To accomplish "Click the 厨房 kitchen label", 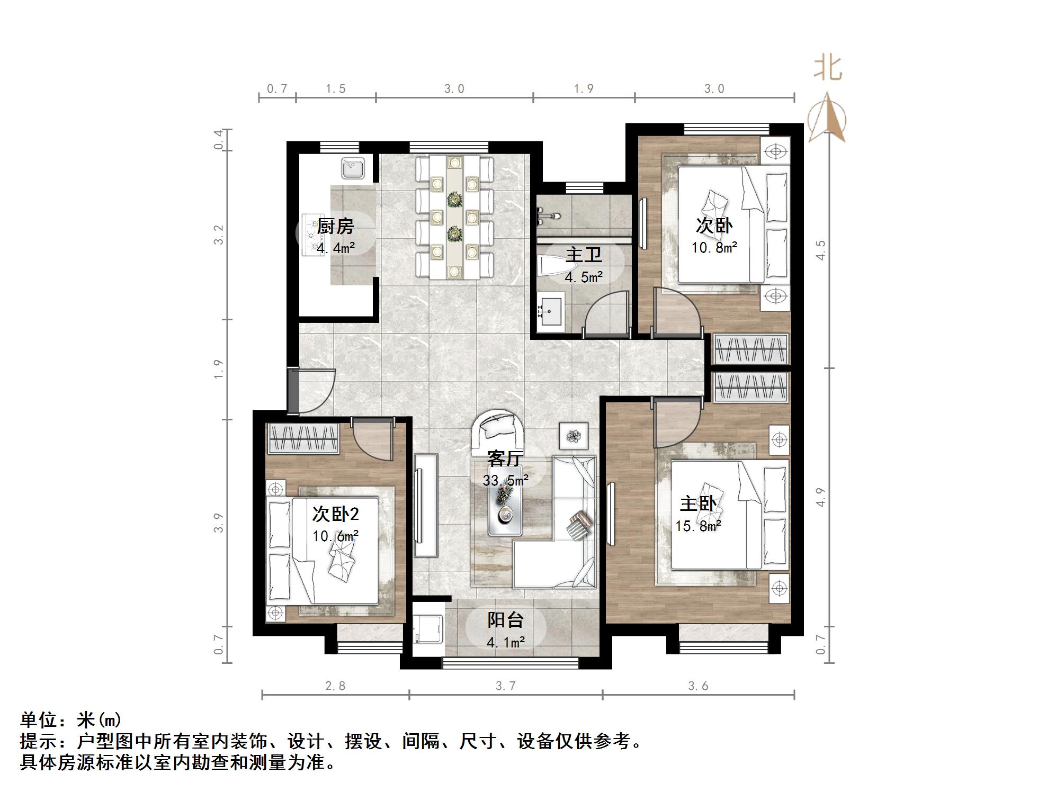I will [335, 227].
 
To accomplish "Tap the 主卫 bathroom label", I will [584, 255].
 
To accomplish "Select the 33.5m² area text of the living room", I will [505, 481].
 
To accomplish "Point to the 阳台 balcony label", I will [505, 620].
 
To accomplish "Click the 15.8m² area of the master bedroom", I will [697, 526].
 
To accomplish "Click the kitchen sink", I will [352, 168].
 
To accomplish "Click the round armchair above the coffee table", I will [498, 428].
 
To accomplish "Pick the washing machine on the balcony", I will [428, 628].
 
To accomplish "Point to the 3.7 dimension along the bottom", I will [505, 686].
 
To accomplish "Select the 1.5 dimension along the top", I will [335, 88].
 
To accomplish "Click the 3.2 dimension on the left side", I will [219, 235].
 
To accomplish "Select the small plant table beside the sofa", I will [574, 436].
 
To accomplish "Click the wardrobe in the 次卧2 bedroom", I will [303, 439].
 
